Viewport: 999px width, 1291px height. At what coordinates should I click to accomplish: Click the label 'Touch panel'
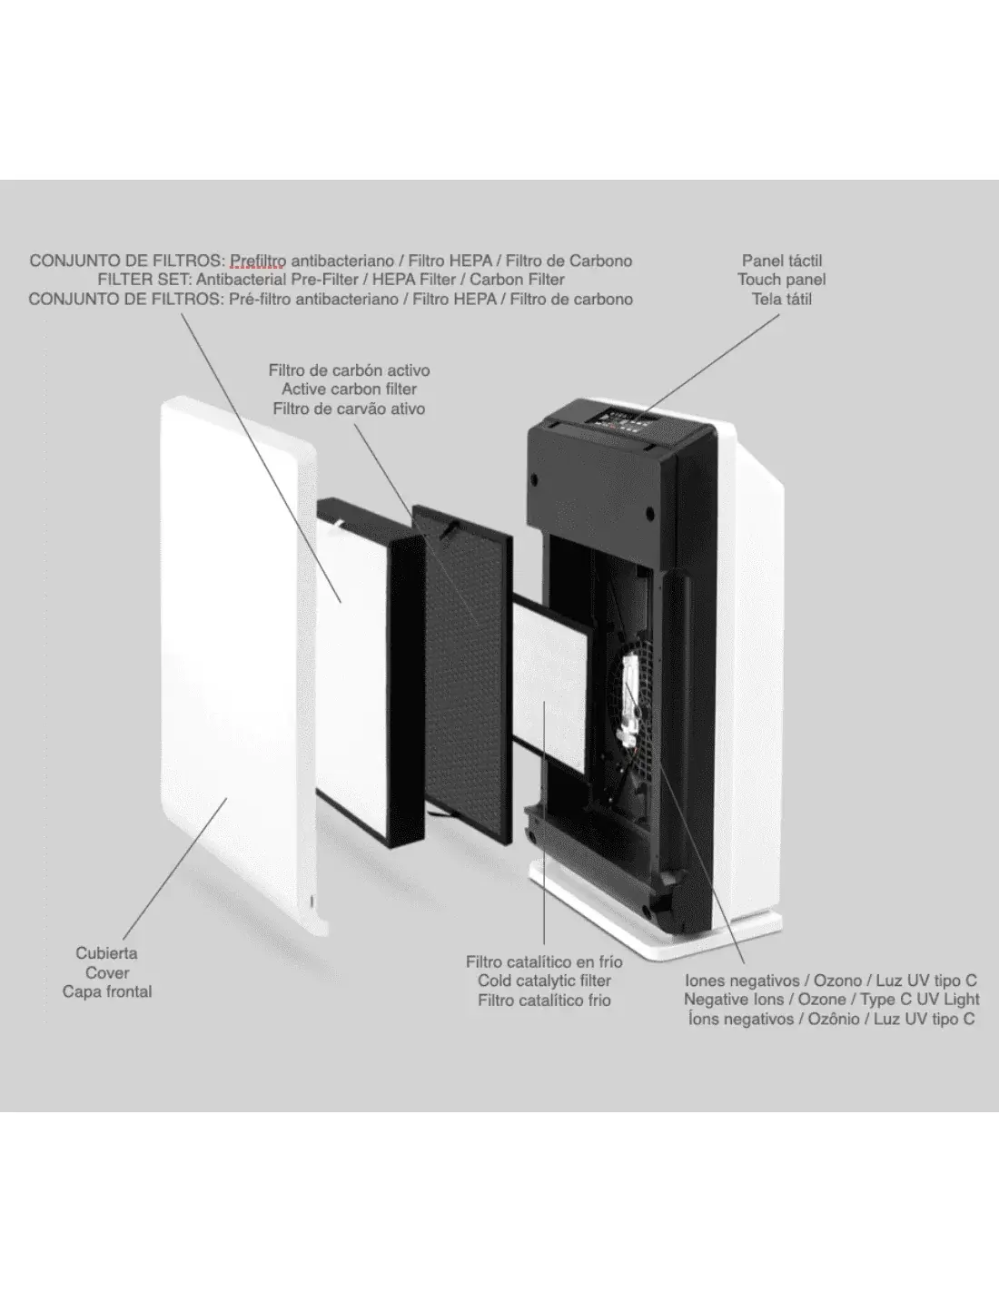click(781, 280)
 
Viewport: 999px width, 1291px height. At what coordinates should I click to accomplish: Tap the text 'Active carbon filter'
click(349, 389)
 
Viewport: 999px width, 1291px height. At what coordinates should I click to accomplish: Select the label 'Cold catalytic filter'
click(544, 981)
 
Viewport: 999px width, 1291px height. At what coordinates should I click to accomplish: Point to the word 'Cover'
click(107, 972)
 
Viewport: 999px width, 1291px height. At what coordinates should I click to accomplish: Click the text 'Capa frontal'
click(107, 991)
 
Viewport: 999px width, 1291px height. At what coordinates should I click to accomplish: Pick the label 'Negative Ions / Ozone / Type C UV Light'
click(831, 1000)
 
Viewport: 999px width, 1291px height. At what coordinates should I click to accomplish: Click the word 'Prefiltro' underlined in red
click(258, 261)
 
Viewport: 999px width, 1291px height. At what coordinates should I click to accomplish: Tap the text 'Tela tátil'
click(781, 299)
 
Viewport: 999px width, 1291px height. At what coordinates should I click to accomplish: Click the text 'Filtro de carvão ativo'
click(349, 409)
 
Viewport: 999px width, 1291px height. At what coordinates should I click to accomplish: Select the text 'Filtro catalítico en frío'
click(544, 961)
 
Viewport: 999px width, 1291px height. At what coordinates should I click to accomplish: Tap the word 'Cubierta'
click(107, 953)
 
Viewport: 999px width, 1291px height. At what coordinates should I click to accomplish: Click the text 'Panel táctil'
click(781, 261)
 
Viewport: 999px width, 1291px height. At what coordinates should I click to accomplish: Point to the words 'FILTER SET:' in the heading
click(144, 280)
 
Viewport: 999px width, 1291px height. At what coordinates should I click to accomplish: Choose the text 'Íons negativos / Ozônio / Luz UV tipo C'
click(831, 1019)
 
